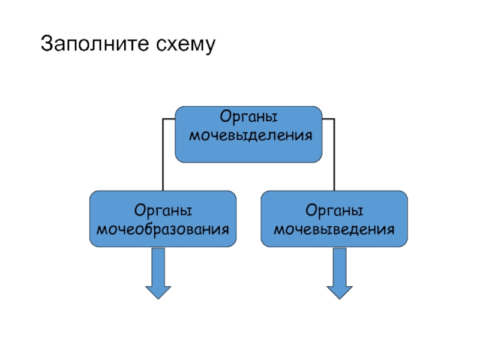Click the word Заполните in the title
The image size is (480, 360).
click(95, 43)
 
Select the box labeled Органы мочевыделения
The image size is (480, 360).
click(248, 134)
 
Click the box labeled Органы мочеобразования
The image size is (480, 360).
click(163, 218)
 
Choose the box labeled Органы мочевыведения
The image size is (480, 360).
click(334, 218)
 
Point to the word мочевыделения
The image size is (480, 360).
click(251, 136)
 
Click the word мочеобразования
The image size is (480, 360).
click(163, 229)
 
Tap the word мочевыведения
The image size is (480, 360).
click(334, 229)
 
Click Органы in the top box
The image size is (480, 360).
click(248, 117)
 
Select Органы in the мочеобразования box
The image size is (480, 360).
click(163, 211)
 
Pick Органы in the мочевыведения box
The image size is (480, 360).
click(334, 211)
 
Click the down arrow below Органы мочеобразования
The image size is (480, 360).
click(158, 274)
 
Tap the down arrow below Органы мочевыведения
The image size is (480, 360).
click(340, 274)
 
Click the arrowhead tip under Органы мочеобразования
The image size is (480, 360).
click(158, 299)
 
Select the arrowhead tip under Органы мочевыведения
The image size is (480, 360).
click(340, 299)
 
